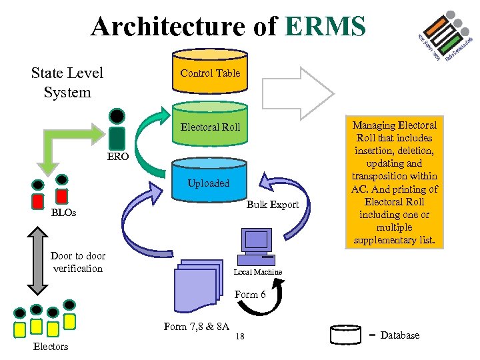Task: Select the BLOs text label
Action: click(x=64, y=213)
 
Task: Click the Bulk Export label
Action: click(x=273, y=204)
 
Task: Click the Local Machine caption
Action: click(x=257, y=272)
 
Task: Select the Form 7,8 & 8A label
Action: click(x=197, y=326)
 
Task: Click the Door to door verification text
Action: click(x=78, y=262)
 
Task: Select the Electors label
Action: click(x=51, y=346)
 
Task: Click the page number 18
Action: click(x=240, y=337)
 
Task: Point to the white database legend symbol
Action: click(x=345, y=335)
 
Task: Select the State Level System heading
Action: click(x=67, y=83)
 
